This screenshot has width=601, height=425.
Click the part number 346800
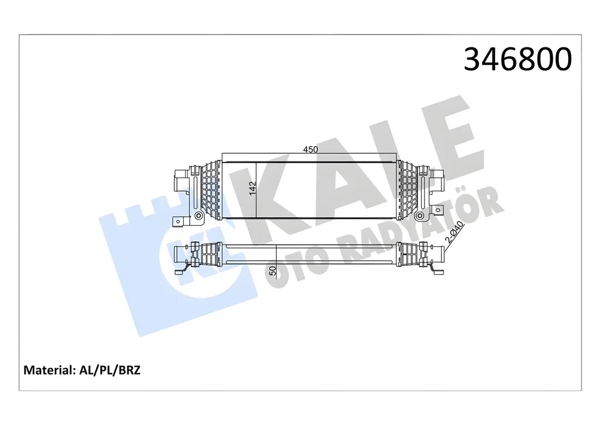coord(518,60)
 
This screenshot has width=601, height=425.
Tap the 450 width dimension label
coord(310,149)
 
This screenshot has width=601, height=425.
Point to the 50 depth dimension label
coord(273,271)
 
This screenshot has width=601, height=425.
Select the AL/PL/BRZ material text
coord(110,370)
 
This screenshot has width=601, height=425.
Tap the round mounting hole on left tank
coord(199,215)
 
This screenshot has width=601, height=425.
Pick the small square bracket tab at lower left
coord(179,222)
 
